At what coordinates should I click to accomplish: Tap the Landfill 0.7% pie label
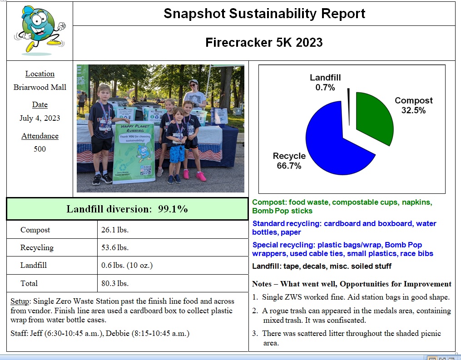click(325, 82)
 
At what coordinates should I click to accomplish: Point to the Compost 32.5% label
click(413, 105)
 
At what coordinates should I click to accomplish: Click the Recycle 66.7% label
click(289, 161)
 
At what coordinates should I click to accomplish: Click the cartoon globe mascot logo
click(40, 30)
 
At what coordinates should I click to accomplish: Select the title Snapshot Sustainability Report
click(264, 14)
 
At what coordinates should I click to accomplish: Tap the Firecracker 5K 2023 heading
click(264, 43)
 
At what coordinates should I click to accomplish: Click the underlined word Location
click(40, 74)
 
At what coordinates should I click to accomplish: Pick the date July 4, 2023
click(40, 118)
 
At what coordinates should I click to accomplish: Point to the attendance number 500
click(40, 149)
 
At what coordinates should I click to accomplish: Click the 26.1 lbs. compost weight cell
click(115, 230)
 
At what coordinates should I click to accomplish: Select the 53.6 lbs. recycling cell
click(115, 247)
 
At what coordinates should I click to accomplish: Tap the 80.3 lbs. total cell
click(115, 283)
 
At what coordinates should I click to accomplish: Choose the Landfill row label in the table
click(34, 265)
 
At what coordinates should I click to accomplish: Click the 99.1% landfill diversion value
click(173, 209)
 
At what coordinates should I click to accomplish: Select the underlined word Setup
click(20, 301)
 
